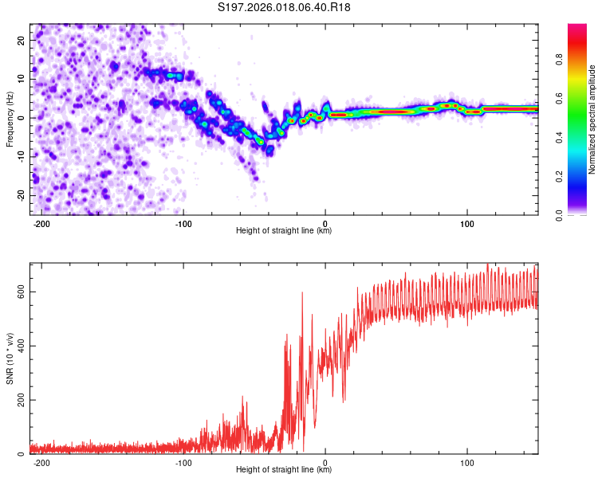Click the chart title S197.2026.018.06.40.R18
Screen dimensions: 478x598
tap(285, 7)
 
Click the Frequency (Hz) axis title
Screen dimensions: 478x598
tap(10, 119)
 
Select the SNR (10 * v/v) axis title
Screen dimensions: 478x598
tap(10, 357)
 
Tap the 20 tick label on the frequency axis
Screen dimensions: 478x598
tap(21, 40)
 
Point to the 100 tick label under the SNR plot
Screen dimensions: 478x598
tap(466, 461)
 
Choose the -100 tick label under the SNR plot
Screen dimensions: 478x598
tap(183, 461)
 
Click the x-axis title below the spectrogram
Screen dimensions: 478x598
tap(284, 231)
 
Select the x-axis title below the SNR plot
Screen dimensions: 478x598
tap(284, 470)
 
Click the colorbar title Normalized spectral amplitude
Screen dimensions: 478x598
tap(592, 119)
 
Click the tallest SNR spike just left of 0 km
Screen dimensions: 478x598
tap(302, 293)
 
